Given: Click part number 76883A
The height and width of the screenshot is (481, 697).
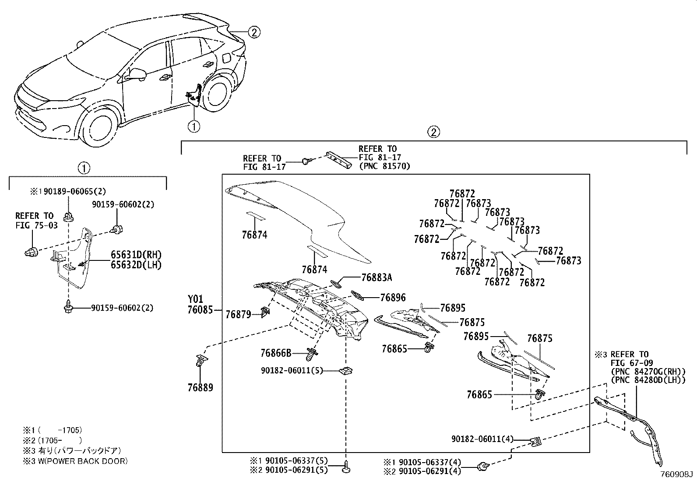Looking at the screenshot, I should click(x=377, y=277).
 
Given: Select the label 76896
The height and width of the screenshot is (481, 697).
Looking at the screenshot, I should click(x=393, y=298).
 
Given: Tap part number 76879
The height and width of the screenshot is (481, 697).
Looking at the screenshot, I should click(x=238, y=314).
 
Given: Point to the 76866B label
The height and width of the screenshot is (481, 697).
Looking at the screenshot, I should click(x=276, y=353).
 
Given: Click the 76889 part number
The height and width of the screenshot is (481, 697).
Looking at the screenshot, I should click(x=201, y=387).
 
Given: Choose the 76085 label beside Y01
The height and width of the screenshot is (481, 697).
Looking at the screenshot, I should click(x=201, y=310).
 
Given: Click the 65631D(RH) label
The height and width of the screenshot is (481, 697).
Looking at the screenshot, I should click(x=136, y=255).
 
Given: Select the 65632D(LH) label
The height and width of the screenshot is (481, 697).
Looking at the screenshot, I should click(x=136, y=265).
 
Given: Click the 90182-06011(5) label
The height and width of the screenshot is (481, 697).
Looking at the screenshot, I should click(x=292, y=371).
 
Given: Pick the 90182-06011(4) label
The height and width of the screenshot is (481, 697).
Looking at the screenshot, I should click(x=482, y=439).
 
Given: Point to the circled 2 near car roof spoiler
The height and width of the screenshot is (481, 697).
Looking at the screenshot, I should click(x=254, y=32).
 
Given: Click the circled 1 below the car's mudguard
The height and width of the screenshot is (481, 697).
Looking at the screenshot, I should click(x=194, y=126).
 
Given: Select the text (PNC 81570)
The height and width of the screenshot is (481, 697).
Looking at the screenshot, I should click(x=384, y=166).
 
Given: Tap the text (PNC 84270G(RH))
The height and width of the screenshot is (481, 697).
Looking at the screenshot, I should click(x=648, y=372).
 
